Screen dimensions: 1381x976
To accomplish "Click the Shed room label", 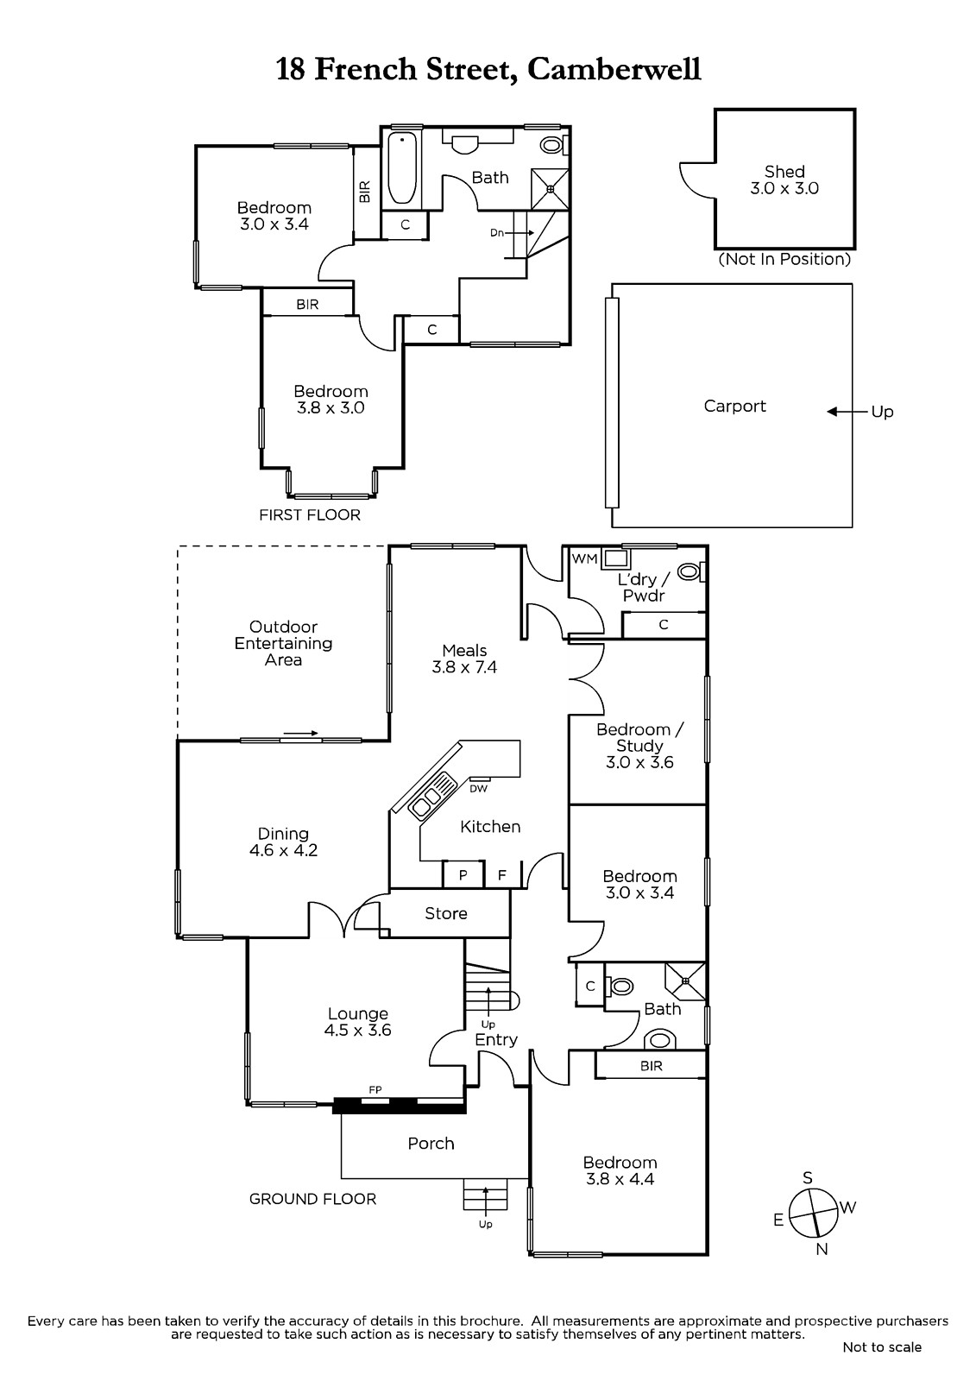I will coord(784,172).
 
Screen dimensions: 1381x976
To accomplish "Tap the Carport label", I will coord(734,406).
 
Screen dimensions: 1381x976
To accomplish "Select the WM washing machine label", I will coord(584,558).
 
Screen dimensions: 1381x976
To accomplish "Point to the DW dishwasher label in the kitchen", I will coord(478,787).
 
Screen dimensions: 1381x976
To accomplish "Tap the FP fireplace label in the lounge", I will coord(375,1090).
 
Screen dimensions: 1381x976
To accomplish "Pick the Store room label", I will coord(446,913).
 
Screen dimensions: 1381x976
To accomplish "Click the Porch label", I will coord(431,1143).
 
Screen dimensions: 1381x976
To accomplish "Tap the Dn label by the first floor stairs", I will coord(497,233).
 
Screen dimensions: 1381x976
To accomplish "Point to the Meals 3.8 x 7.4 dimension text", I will coord(464,667).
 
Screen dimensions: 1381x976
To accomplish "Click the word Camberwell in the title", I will coord(614,68).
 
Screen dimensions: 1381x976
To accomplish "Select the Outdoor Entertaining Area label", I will coord(283,643).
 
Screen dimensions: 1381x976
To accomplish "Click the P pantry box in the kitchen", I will coord(463,875).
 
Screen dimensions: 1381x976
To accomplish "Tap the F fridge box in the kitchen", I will coord(501,875).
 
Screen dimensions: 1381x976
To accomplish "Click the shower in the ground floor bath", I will coord(685,981).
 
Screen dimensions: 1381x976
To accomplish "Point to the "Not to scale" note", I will coord(882,1346).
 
